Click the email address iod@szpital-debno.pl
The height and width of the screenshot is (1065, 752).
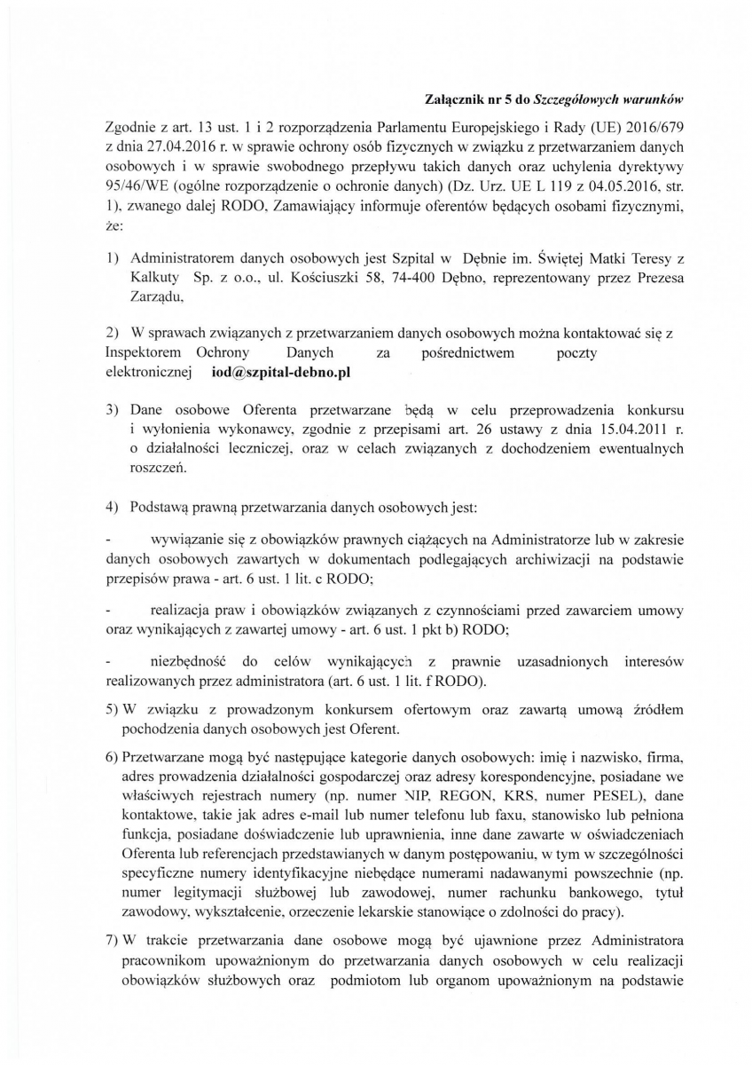pos(281,374)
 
